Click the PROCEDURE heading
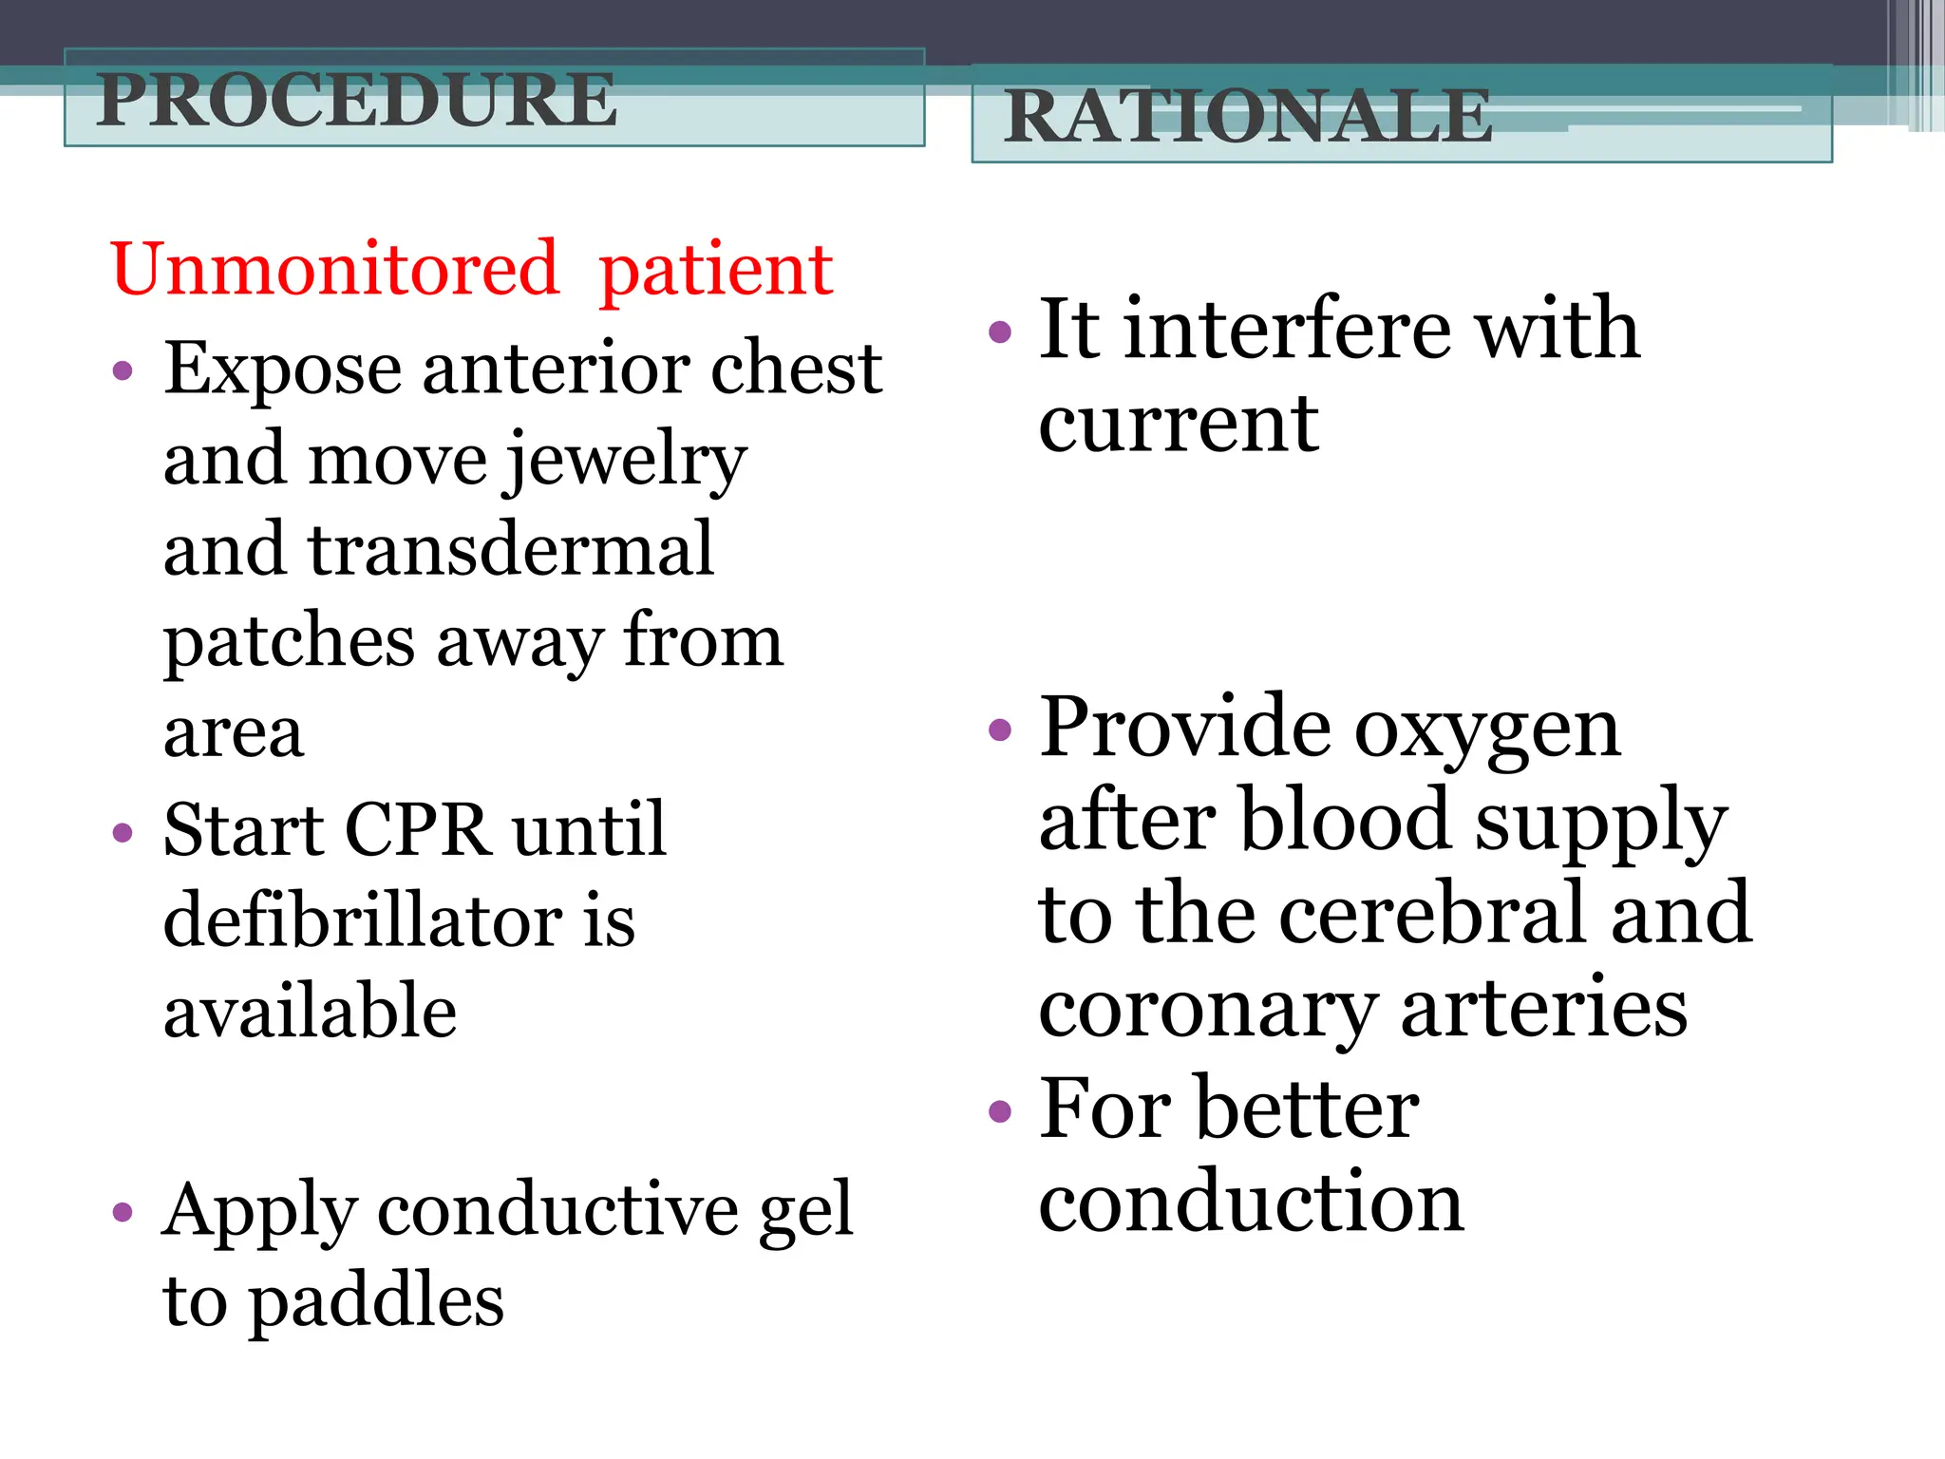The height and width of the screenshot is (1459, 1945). [x=357, y=100]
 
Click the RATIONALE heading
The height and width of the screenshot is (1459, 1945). [x=1248, y=116]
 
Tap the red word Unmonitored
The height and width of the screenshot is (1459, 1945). [x=334, y=270]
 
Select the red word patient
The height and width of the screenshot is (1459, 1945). [x=716, y=272]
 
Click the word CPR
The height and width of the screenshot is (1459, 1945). [x=418, y=830]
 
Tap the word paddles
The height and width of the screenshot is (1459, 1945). [x=376, y=1301]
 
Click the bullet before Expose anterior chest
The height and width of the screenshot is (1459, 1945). [x=123, y=370]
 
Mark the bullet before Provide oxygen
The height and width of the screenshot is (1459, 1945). [x=999, y=729]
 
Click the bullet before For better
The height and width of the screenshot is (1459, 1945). [x=999, y=1110]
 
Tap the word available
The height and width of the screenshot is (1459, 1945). [x=310, y=1012]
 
